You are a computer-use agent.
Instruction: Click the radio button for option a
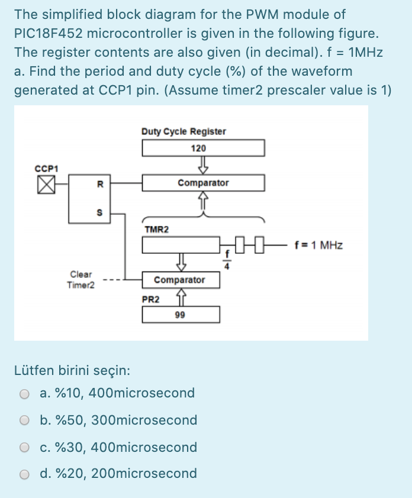(24, 394)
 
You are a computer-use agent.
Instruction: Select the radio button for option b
(24, 421)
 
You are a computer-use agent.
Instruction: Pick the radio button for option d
(24, 474)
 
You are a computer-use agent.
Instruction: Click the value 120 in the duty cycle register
(199, 148)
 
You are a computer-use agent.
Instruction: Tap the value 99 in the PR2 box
(180, 315)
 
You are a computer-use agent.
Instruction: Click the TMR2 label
(156, 229)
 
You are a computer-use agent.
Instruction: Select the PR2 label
(150, 299)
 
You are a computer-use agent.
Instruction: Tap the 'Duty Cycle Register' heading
(184, 131)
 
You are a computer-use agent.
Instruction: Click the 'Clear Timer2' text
(81, 279)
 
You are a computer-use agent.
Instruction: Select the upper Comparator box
(202, 183)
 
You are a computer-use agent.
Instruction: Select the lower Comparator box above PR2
(180, 280)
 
